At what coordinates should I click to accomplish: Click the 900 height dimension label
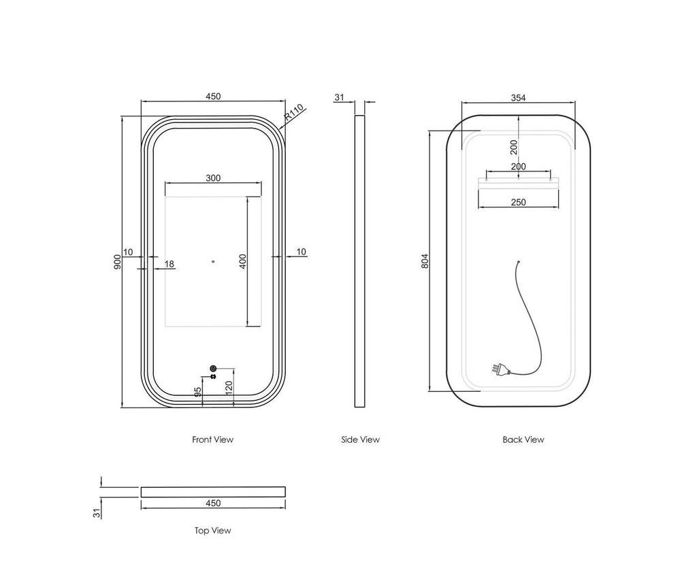(x=117, y=262)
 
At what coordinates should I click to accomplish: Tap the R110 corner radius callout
(x=294, y=112)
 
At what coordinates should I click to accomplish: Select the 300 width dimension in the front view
(x=213, y=178)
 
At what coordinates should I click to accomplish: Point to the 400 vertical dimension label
(x=243, y=261)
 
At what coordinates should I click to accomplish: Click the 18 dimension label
(x=169, y=265)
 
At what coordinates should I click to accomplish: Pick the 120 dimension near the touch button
(x=229, y=388)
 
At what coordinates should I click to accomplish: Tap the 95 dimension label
(x=198, y=391)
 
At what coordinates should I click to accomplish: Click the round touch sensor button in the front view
(x=213, y=369)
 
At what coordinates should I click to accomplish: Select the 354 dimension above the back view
(x=518, y=98)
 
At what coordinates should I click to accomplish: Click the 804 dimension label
(x=425, y=261)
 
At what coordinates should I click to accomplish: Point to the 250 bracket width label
(x=518, y=202)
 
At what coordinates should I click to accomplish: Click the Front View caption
(x=212, y=439)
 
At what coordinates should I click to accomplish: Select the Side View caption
(x=361, y=439)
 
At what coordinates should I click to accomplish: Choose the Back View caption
(x=523, y=439)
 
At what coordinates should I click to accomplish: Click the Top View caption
(x=212, y=531)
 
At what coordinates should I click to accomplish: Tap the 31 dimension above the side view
(x=339, y=97)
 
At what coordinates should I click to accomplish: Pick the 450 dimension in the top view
(x=213, y=503)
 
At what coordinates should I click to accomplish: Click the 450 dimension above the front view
(x=213, y=97)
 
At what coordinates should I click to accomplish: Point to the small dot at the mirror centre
(x=213, y=262)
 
